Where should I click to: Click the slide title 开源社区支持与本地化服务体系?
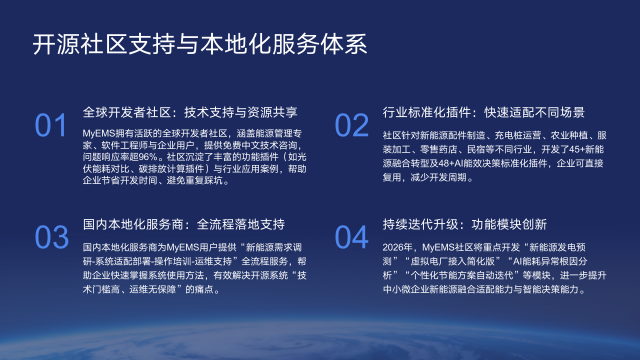tap(200, 45)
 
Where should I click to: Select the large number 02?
tap(352, 125)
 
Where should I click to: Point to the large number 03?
tap(52, 238)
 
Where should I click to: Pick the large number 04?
tap(352, 238)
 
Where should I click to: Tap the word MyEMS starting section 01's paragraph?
tap(98, 132)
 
